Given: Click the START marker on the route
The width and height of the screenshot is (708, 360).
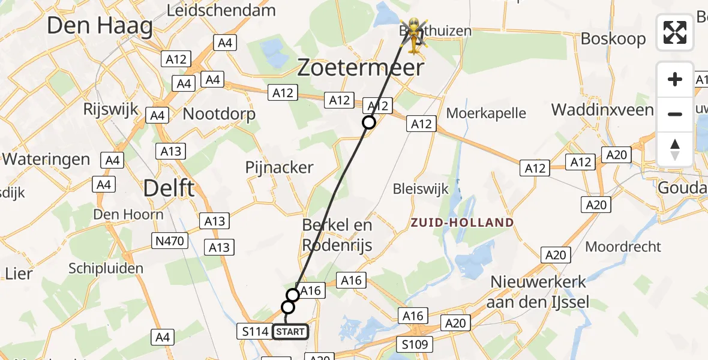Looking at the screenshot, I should click(x=291, y=331).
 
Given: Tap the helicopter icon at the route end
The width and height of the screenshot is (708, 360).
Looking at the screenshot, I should click(x=414, y=31).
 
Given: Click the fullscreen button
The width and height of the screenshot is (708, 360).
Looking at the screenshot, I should click(x=675, y=32).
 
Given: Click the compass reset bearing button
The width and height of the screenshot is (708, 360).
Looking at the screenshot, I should click(x=675, y=149).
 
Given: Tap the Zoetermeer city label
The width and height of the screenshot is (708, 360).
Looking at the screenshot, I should click(x=361, y=68).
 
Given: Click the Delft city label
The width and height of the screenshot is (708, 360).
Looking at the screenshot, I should click(x=169, y=188).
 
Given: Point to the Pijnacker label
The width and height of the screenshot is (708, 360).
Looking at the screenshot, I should click(x=279, y=167).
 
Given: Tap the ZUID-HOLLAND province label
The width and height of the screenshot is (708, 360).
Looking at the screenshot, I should click(x=462, y=223).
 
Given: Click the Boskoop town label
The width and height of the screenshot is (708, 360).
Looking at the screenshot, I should click(x=613, y=39).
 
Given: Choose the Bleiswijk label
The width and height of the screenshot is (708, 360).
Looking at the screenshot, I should click(x=420, y=189).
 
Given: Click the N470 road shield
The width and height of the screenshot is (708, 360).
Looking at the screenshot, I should click(x=171, y=241).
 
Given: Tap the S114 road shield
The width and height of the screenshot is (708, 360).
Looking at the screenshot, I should click(x=255, y=331).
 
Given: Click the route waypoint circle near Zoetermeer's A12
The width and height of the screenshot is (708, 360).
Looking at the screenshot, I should click(x=369, y=122).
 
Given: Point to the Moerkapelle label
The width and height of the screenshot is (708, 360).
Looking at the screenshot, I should click(x=486, y=113).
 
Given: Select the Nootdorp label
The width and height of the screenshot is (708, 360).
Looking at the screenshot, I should click(x=219, y=114).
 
